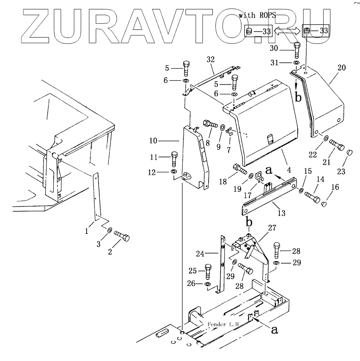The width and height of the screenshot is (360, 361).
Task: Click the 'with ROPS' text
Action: [257, 15]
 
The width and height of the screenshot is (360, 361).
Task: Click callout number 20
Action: [341, 68]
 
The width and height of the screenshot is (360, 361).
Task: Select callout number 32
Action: [210, 59]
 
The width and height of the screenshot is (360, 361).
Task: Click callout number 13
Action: [281, 213]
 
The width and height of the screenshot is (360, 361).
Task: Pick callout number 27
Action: [272, 228]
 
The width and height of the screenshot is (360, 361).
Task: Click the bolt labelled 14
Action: [313, 198]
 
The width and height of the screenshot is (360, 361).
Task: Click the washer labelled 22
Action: [326, 138]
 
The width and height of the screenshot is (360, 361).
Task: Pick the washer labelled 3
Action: [109, 230]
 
